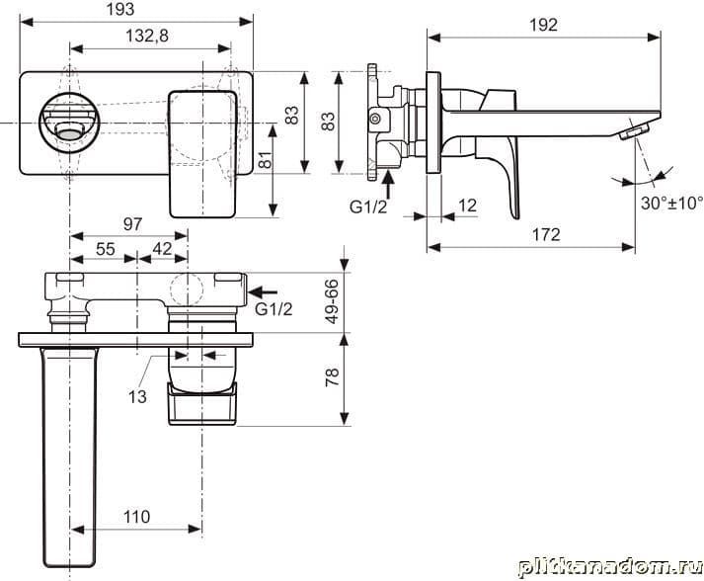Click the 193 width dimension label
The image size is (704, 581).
tap(119, 9)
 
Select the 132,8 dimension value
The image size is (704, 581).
tap(147, 36)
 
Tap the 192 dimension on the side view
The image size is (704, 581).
tap(543, 25)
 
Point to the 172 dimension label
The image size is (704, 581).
tap(546, 234)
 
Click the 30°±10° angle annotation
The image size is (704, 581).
tap(671, 203)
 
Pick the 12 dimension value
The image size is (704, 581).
tap(467, 206)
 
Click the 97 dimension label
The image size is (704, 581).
tap(132, 223)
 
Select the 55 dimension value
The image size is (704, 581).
tap(106, 248)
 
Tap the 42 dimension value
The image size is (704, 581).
tap(162, 248)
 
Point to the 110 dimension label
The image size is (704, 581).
tap(136, 517)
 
